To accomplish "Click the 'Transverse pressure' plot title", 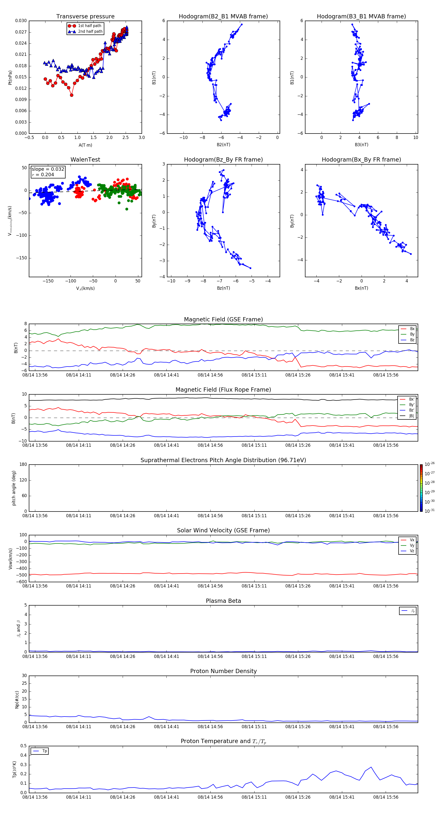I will (85, 17).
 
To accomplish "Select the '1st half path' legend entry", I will (89, 26).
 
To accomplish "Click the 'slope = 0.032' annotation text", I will (48, 169).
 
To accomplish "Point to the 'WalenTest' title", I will (85, 160).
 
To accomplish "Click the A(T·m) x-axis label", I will (85, 145).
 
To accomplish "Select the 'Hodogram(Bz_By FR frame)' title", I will (223, 160).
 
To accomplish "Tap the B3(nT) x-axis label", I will (361, 145).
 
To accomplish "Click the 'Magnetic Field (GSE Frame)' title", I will (223, 319).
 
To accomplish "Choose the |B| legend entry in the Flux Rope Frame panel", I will (411, 416).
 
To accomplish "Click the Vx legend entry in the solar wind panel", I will (412, 540).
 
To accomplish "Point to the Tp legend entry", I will (44, 751).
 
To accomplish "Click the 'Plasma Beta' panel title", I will (223, 601).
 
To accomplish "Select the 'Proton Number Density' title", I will (223, 671).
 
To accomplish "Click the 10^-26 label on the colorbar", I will (430, 464).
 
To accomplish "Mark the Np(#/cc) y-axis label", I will (17, 699).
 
